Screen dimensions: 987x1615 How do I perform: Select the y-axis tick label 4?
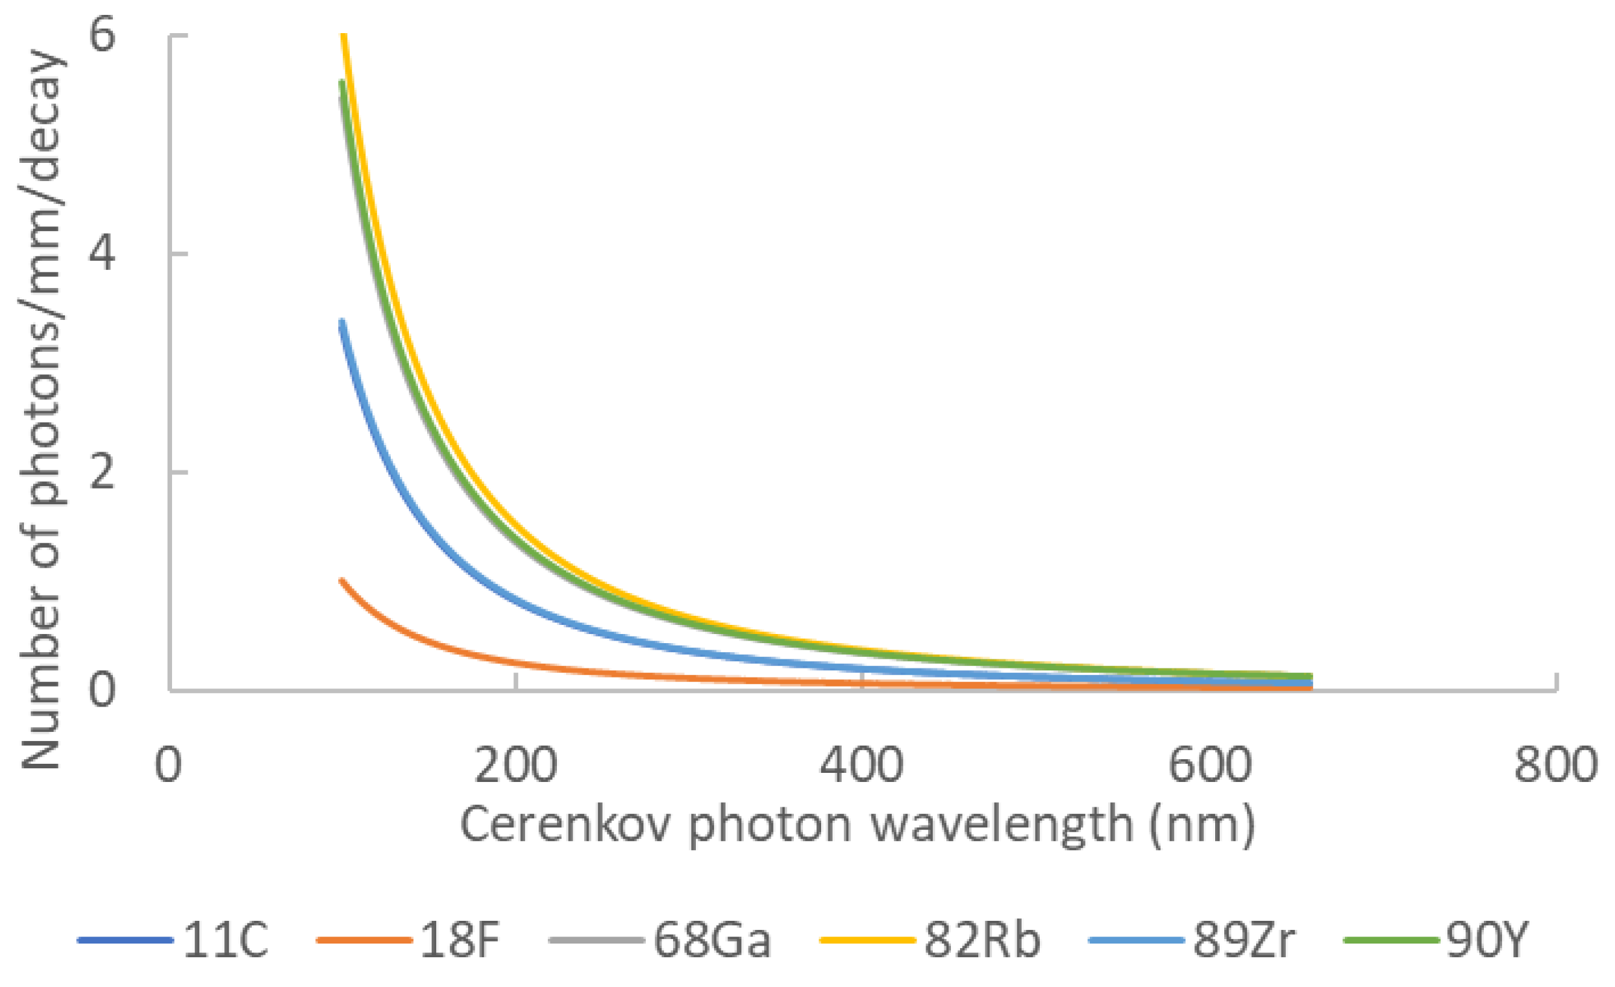tap(102, 254)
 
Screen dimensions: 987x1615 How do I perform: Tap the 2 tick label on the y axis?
tap(102, 472)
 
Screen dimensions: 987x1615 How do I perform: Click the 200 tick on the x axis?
tap(516, 765)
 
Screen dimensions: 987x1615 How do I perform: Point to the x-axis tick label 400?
tap(862, 765)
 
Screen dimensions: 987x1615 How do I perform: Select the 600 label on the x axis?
tap(1210, 765)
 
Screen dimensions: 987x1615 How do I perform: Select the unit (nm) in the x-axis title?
tap(1202, 825)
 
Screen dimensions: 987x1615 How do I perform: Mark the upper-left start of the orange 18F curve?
tap(341, 581)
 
